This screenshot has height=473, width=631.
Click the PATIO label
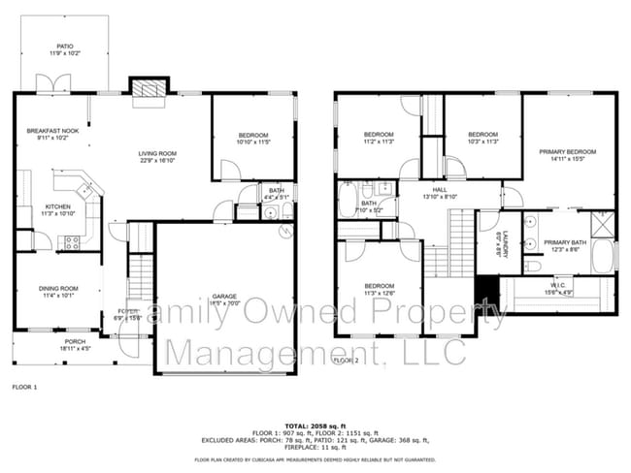(64, 46)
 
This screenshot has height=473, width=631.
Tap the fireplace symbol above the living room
(148, 89)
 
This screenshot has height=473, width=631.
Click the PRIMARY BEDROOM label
(568, 152)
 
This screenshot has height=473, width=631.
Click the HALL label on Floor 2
(439, 190)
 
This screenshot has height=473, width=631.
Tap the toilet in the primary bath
(532, 265)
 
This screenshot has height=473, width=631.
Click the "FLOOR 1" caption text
(23, 387)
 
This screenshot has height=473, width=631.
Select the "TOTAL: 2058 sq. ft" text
(315, 426)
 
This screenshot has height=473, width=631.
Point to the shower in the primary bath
(602, 224)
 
